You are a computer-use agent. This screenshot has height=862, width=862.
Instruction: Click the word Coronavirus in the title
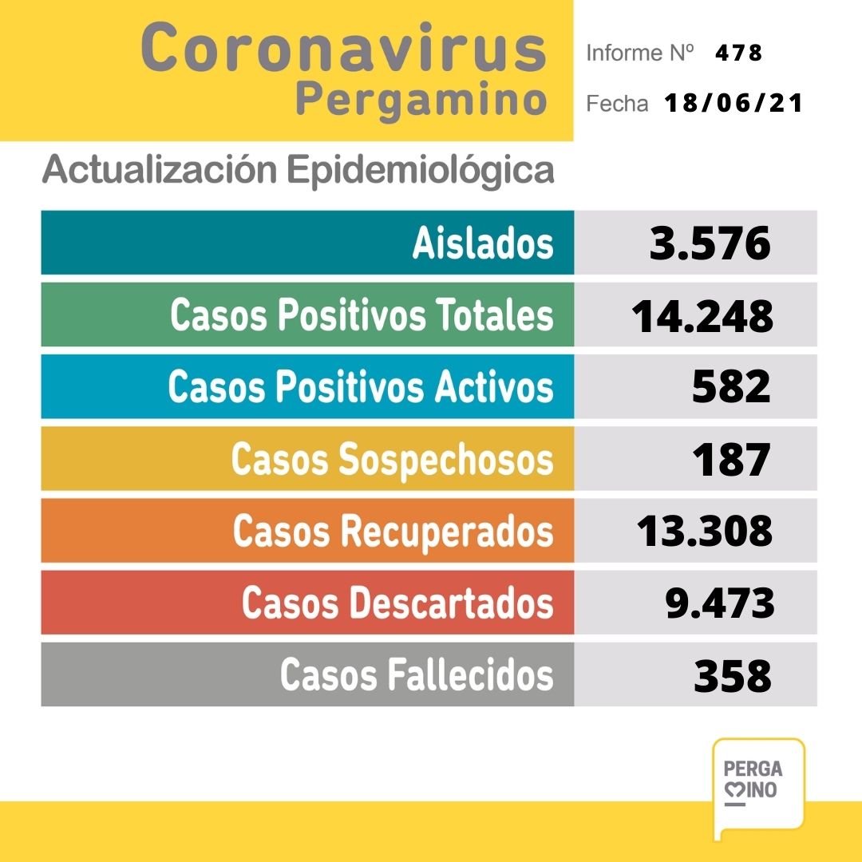344,49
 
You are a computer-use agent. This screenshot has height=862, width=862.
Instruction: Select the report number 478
739,53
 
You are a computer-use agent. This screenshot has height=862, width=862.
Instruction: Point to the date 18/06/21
733,104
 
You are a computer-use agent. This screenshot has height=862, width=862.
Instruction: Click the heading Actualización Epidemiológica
298,170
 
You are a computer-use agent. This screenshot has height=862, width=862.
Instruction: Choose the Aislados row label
482,243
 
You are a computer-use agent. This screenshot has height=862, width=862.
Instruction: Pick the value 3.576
710,243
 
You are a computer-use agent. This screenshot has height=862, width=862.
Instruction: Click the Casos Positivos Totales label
362,315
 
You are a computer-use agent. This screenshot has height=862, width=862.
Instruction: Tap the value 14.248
702,315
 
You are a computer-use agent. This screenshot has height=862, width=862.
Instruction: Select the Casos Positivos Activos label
361,387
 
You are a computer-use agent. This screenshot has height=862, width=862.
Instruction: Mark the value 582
731,387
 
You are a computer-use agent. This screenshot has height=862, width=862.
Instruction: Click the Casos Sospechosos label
392,459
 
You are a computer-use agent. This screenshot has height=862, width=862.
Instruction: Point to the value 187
731,459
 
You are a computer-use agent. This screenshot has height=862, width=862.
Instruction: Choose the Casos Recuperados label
393,531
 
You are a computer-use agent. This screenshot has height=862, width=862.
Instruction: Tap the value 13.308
705,531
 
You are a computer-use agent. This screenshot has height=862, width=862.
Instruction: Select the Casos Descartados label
397,603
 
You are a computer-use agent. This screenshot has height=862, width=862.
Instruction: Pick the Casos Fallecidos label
416,674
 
